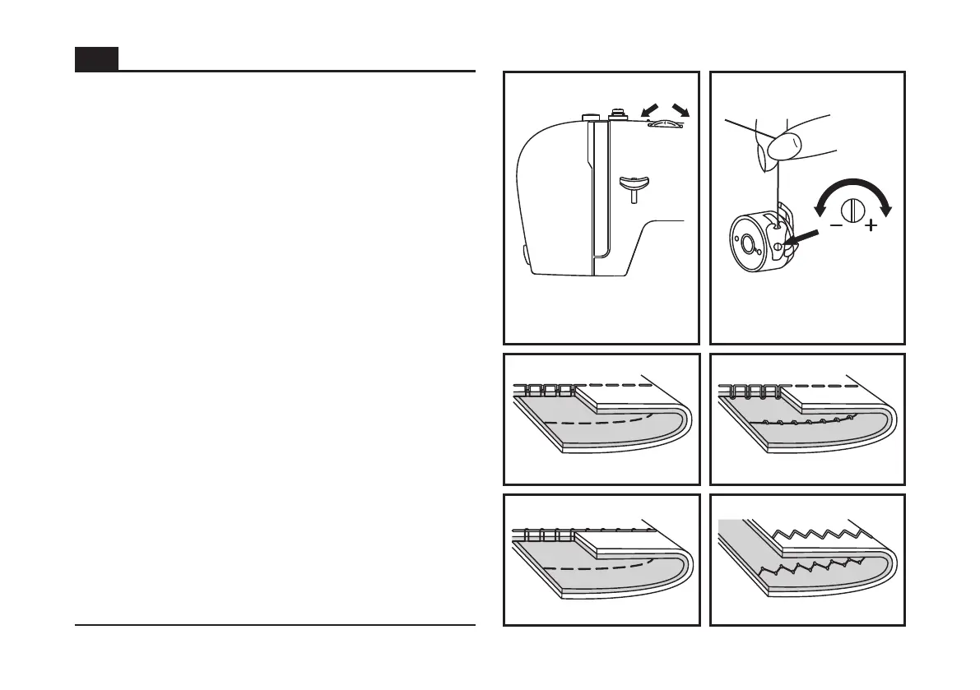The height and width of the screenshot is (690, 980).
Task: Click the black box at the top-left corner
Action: [96, 59]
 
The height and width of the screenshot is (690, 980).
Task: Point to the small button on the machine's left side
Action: [525, 255]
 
